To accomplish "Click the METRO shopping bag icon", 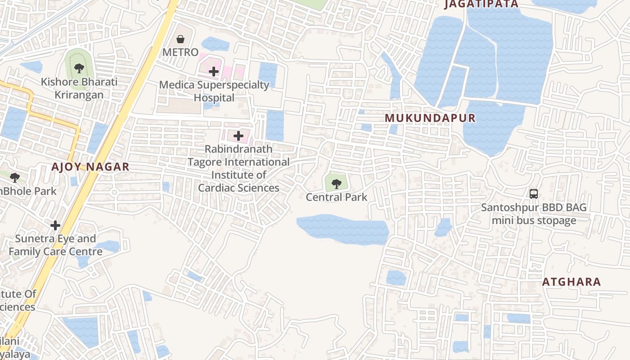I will point(180,39).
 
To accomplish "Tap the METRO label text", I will point(180,52).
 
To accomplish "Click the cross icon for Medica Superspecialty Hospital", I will point(214,71).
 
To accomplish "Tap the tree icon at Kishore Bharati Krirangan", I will point(79,68).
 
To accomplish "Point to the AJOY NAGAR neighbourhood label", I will point(90,167).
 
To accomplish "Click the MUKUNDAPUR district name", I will point(430,118).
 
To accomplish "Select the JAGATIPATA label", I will point(481,4).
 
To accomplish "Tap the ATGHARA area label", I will point(571,282).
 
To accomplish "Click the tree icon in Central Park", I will point(336,183).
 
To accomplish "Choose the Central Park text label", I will point(337,197).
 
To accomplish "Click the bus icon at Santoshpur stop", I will point(534,194).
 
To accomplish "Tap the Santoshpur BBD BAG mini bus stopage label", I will point(534,214).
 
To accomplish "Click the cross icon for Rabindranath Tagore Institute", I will point(238,136).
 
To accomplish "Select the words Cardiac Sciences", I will point(238,188).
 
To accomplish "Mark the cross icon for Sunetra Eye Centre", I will point(55,225).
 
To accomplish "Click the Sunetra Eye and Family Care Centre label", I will point(56,245).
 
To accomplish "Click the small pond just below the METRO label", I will point(215,44).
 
